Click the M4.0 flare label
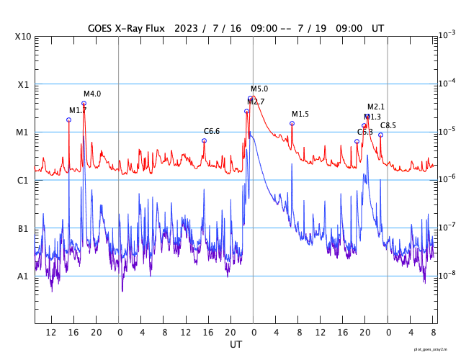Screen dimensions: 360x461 tap(92, 94)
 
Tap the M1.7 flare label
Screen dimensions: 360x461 tap(78, 110)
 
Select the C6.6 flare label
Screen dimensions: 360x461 tap(212, 131)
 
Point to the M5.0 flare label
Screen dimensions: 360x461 tap(259, 89)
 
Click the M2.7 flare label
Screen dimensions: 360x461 tap(256, 102)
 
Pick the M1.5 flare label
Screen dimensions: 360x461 tap(300, 114)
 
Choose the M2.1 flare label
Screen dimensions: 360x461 tap(376, 107)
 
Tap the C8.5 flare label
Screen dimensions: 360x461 tap(388, 125)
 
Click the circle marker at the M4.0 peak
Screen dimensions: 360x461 tap(84, 103)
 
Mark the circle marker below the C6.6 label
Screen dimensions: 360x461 tap(204, 140)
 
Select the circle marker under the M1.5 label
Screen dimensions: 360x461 tap(292, 123)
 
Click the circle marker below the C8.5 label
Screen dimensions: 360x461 tap(380, 135)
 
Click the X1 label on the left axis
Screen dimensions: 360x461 tap(23, 84)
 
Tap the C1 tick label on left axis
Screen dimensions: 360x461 tap(23, 180)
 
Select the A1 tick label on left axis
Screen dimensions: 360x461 tap(23, 276)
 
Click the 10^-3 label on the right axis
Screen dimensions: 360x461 tap(446, 35)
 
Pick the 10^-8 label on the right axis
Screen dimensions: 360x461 tap(446, 274)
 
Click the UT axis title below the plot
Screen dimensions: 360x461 tap(236, 345)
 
